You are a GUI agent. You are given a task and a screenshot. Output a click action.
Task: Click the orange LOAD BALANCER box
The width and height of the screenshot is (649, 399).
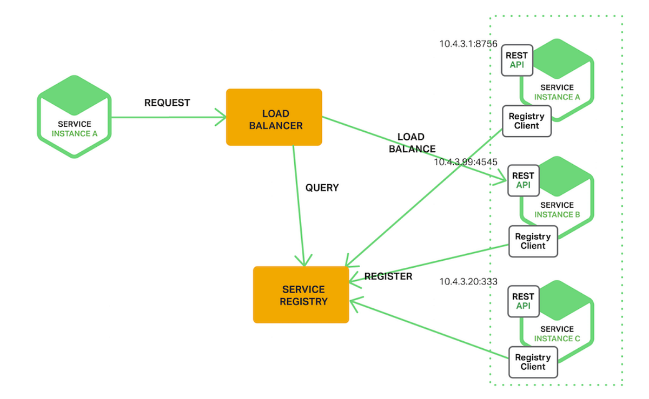[x=274, y=117]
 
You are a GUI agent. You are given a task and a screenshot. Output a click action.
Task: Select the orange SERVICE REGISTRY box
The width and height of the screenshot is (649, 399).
[x=301, y=295]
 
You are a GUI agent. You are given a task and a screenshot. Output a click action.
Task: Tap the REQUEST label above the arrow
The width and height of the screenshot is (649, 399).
[x=167, y=103]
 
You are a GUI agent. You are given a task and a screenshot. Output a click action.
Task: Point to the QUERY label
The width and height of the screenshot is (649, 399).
[x=322, y=188]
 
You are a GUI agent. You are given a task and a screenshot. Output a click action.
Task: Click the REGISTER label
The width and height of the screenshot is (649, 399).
[x=388, y=276]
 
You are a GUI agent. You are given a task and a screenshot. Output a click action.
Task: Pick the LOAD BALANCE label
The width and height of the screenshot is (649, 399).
[x=412, y=143]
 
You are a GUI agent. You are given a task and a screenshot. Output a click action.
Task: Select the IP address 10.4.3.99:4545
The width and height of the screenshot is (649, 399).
[x=466, y=162]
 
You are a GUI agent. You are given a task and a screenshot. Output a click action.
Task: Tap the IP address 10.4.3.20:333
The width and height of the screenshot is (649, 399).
[x=468, y=281]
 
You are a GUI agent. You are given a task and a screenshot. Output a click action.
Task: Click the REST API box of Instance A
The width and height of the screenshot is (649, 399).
[x=516, y=60]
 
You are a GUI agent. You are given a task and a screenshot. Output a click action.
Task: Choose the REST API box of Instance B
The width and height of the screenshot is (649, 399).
[x=523, y=180]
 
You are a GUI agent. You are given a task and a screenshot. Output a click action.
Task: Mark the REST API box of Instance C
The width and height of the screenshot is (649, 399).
[x=523, y=301]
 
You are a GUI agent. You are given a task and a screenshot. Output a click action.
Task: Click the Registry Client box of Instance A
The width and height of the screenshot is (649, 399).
[x=527, y=121]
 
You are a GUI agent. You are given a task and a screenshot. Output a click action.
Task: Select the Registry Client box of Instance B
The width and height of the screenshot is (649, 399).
[x=533, y=241]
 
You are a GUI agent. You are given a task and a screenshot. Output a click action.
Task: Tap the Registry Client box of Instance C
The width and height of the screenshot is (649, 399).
[x=533, y=362]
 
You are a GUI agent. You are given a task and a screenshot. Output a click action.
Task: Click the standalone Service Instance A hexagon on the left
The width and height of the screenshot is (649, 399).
[x=75, y=117]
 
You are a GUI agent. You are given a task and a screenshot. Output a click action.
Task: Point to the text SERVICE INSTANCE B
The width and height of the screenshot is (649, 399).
[x=557, y=209]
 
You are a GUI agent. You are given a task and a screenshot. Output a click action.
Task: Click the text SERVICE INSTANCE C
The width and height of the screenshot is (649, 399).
[x=557, y=334]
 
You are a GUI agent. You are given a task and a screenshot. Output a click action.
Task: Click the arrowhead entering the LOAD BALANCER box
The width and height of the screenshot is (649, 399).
[x=221, y=116]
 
